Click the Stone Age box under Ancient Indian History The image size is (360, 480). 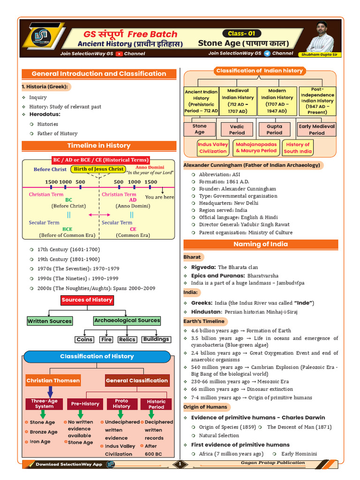click(200, 129)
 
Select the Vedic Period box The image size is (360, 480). click(237, 129)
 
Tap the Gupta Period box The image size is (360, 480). click(274, 129)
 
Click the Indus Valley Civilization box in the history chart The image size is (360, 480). click(213, 148)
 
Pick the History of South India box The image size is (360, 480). click(298, 148)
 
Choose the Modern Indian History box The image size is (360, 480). click(277, 101)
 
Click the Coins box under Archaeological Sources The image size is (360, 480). click(84, 339)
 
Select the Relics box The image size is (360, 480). click(127, 339)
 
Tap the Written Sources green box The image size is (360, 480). click(50, 321)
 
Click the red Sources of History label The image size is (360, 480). click(87, 300)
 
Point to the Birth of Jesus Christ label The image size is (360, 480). click(98, 169)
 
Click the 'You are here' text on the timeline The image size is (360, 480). click(159, 197)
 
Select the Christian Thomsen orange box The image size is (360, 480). click(53, 381)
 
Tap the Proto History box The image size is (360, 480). click(121, 404)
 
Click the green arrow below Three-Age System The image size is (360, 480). click(43, 414)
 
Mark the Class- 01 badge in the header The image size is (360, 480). click(241, 33)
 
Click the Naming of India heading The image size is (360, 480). click(261, 244)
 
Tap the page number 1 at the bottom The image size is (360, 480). click(180, 464)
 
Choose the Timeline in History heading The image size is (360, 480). click(99, 146)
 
